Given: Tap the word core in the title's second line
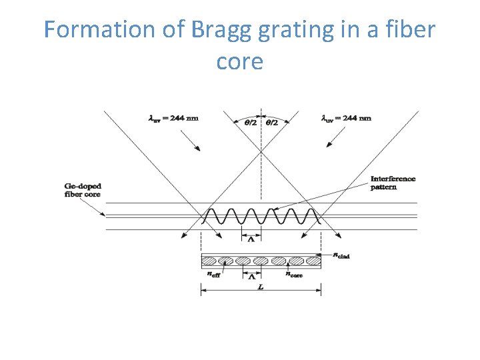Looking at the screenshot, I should [240, 61].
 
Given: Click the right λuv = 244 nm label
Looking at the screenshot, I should [346, 119].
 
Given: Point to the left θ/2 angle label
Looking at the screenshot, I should [249, 123].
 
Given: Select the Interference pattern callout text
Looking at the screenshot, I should [393, 183].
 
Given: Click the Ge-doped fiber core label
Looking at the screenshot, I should [83, 190].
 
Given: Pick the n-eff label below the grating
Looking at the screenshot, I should [214, 274].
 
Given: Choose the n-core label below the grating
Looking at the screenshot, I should [294, 274].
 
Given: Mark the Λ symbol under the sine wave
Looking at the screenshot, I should [251, 240].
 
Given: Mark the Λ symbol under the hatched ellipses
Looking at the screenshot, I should [251, 277].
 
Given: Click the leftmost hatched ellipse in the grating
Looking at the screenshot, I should [211, 260].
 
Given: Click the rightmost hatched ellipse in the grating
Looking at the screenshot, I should [313, 260].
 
